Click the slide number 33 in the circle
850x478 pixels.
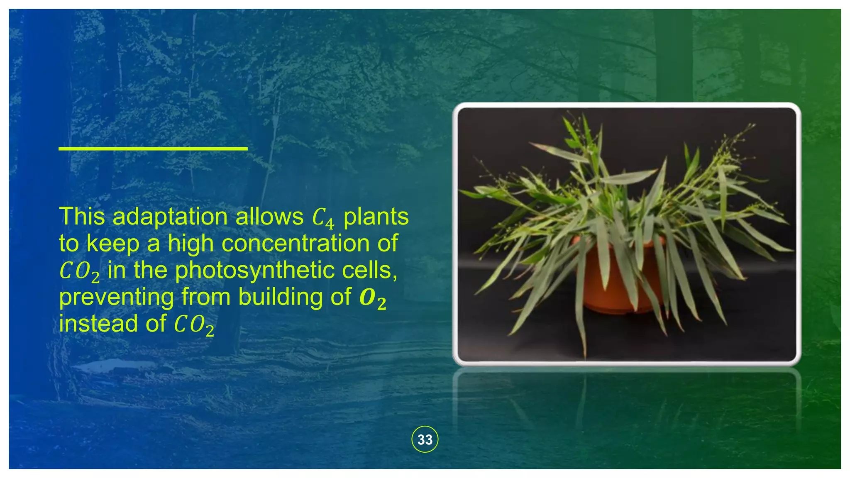[x=425, y=439]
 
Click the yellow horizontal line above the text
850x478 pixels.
[x=153, y=148]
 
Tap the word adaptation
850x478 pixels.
[x=170, y=217]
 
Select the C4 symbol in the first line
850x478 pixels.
[x=322, y=218]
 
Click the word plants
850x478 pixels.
[x=376, y=217]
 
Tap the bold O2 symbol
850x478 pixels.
[x=372, y=298]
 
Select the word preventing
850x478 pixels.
[x=117, y=298]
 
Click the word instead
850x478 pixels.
[x=98, y=324]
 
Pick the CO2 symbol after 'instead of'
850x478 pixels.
[x=193, y=325]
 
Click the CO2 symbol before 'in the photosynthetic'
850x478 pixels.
[x=79, y=271]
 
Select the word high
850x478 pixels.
[x=192, y=244]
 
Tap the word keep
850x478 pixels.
[x=112, y=244]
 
